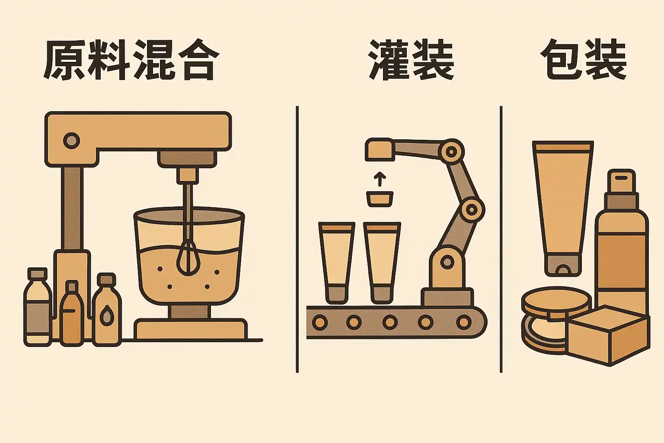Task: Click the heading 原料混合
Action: coord(131,60)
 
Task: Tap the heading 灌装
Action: coord(411,60)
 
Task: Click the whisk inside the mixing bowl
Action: coord(188,246)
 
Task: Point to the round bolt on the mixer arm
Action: coord(71,141)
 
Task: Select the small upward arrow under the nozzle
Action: coord(380,179)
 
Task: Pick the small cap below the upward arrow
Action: coord(380,199)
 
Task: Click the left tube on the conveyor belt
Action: coord(337,263)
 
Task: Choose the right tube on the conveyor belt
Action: coord(382,263)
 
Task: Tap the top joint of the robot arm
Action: coord(451,152)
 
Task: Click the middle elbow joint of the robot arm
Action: coord(472,210)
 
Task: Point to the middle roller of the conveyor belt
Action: coord(390,322)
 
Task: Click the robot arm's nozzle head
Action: coord(380,150)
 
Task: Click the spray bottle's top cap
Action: coord(621,181)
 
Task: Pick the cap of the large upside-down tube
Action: coord(562,265)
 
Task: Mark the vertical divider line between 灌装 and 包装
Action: coord(501,239)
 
